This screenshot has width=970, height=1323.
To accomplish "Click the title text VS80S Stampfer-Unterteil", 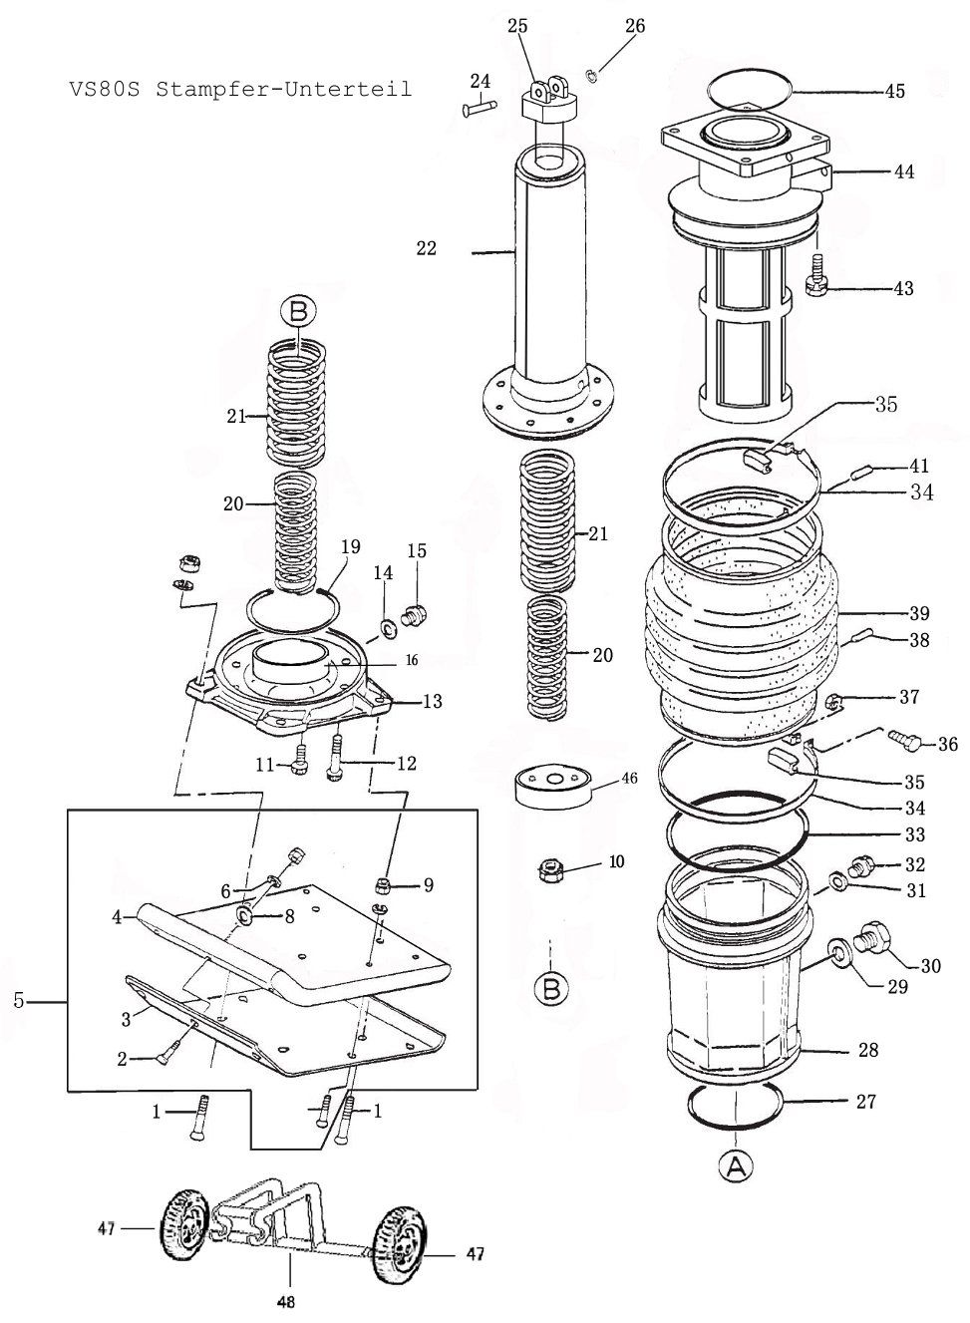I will pyautogui.click(x=240, y=89).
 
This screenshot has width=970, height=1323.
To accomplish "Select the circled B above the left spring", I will pyautogui.click(x=297, y=313).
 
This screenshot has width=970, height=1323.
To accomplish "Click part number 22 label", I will pyautogui.click(x=427, y=249).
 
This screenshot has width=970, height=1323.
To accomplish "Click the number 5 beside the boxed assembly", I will pyautogui.click(x=19, y=1000).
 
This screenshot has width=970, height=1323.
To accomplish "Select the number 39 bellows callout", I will pyautogui.click(x=918, y=612).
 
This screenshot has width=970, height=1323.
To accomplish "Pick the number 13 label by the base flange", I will pyautogui.click(x=432, y=702).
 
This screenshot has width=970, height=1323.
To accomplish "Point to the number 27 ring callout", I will pyautogui.click(x=865, y=1102).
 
